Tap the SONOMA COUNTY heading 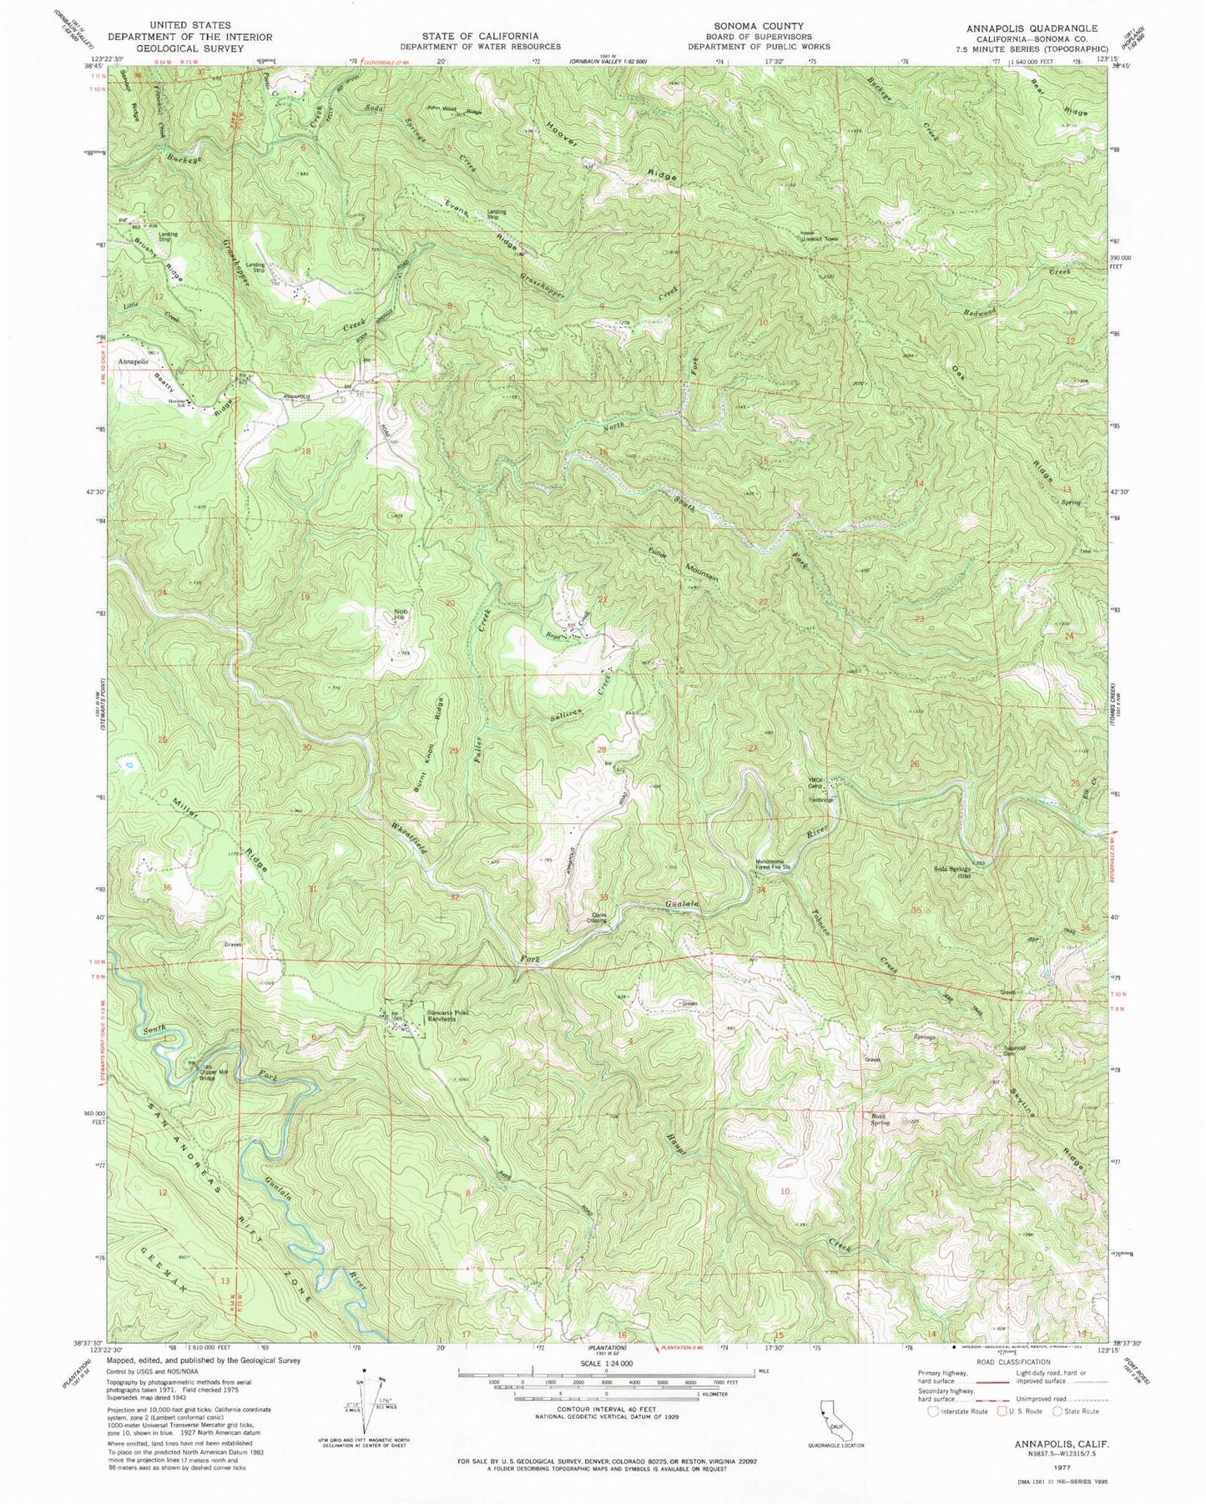[x=758, y=26]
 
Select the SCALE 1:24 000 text [x=605, y=1363]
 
